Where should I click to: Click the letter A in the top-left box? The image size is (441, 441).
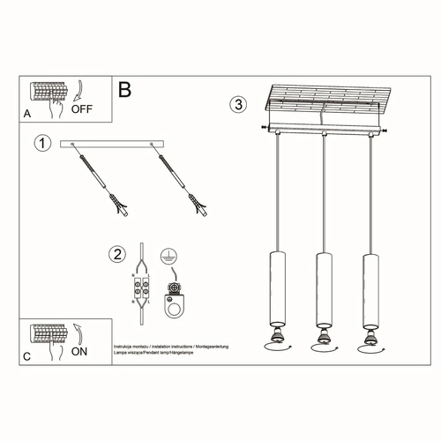[26, 114]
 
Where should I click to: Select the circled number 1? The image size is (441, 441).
[40, 142]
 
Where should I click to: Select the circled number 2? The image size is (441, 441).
[116, 256]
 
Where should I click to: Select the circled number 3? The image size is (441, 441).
[237, 104]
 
